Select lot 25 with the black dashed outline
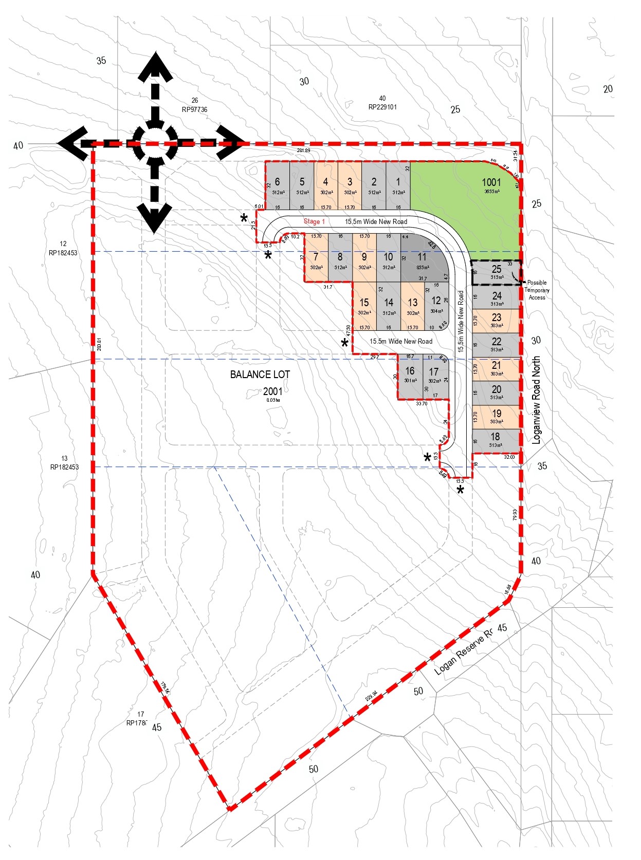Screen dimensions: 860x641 (496, 272)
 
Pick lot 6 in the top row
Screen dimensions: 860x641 (278, 185)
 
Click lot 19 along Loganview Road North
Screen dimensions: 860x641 (496, 417)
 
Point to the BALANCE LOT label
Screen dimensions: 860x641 (260, 375)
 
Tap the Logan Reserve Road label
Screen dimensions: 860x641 (463, 652)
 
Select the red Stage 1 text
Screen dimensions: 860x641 (314, 221)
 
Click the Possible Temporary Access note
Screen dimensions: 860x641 (537, 290)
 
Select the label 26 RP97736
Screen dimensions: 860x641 (194, 105)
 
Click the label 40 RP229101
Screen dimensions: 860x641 (382, 103)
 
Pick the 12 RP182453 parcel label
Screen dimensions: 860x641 (63, 248)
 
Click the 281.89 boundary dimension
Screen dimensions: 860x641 (304, 151)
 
